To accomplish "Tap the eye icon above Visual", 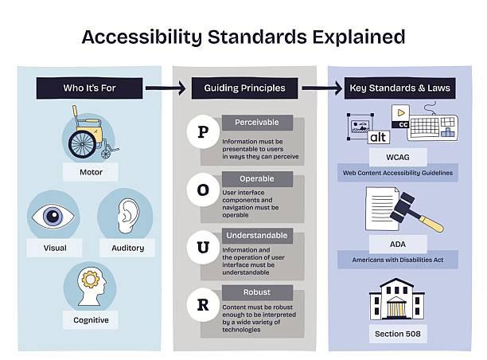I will point(53,215).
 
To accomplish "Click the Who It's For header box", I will point(90,88).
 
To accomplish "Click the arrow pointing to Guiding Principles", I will point(167,88).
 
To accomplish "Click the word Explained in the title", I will point(348,37).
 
